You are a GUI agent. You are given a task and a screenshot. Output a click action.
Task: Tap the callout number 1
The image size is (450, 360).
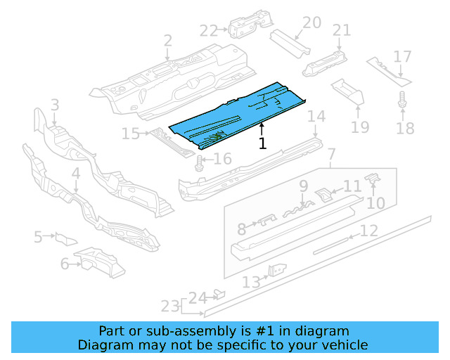coord(262,144)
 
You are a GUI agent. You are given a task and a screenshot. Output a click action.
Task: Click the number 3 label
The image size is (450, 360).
coord(55,105)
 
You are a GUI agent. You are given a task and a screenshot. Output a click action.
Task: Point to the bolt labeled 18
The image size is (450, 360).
coord(402,100)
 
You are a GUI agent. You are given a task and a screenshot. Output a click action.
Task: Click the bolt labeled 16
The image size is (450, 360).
coord(199,164)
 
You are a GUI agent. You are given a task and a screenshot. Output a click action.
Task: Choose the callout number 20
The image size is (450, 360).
coord(311,23)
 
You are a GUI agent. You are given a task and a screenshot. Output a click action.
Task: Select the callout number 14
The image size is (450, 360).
coord(317,117)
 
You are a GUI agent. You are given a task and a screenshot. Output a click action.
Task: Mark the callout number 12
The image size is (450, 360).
coord(369,231)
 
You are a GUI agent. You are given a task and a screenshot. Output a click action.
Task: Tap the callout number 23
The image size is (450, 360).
coord(169,306)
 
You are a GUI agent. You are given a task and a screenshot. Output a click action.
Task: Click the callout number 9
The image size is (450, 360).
coord(303,186)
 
